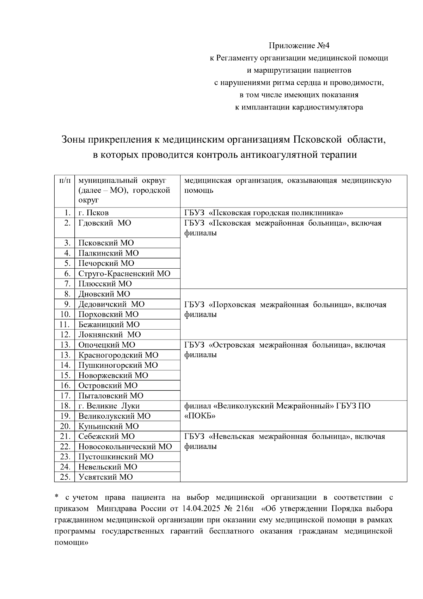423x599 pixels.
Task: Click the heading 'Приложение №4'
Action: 299,46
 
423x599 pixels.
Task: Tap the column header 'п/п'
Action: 64,180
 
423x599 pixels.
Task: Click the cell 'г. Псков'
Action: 93,213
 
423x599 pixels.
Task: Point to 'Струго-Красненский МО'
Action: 124,274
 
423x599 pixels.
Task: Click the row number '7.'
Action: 67,284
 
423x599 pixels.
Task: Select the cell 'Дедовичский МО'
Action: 111,304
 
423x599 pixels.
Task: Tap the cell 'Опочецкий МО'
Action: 106,345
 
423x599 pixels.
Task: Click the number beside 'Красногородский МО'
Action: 66,355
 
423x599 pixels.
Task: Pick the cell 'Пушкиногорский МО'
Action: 118,365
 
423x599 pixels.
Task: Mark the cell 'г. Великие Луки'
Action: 109,406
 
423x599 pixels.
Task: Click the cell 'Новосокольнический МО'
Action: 125,447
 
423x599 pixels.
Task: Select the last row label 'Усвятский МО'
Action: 105,477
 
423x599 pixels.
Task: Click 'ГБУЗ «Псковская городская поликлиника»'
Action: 264,213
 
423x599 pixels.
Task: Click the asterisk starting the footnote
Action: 56,497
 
